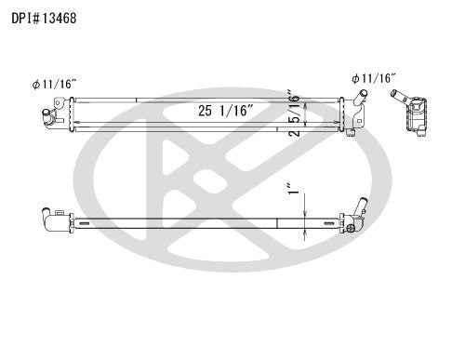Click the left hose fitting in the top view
point(46,116)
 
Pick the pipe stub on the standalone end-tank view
point(398,94)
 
